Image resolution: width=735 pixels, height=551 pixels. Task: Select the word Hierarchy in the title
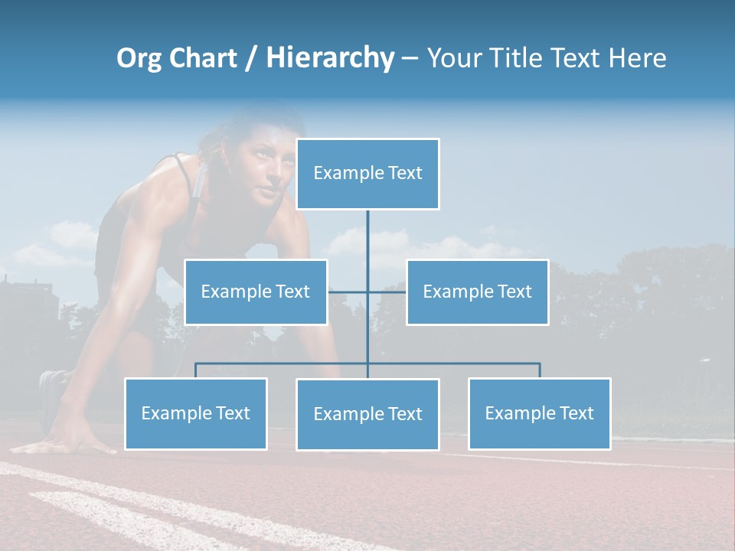[x=330, y=58]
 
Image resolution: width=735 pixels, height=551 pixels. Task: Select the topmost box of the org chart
[x=367, y=174]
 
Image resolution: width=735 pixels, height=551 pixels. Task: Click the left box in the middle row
[x=256, y=292]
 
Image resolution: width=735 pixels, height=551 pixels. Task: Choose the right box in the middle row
[x=477, y=292]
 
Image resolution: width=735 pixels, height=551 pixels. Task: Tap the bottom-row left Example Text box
[x=196, y=413]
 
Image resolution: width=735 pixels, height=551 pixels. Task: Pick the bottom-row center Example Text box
[x=367, y=414]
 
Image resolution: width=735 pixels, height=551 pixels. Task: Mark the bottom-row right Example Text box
[x=539, y=413]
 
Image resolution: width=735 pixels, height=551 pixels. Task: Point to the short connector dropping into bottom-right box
[x=539, y=370]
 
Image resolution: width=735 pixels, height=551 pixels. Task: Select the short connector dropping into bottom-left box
[x=196, y=370]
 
